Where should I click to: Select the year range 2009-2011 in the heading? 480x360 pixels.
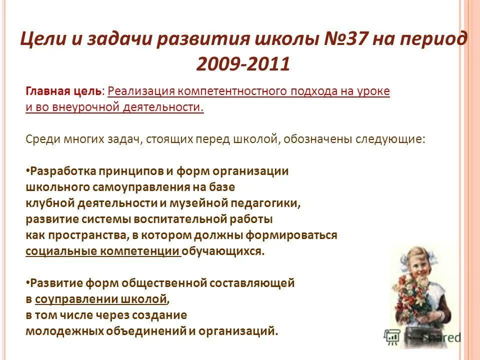243,64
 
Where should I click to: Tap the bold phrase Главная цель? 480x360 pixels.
63,91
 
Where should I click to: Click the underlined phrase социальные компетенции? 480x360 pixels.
102,251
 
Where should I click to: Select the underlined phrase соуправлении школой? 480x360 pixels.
100,299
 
